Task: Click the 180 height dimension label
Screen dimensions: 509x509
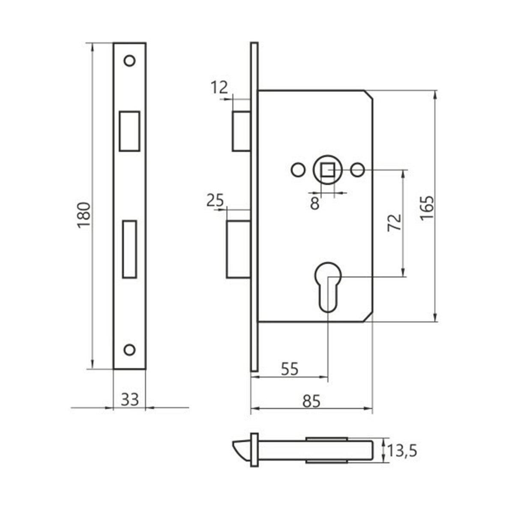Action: pyautogui.click(x=84, y=215)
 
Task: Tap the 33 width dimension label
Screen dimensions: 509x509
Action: pyautogui.click(x=129, y=399)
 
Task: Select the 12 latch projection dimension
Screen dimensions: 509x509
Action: pyautogui.click(x=219, y=87)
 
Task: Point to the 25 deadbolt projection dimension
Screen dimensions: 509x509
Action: pyautogui.click(x=215, y=200)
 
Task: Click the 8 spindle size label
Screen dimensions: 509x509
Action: pyautogui.click(x=314, y=204)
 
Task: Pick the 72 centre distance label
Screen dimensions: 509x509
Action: pyautogui.click(x=395, y=223)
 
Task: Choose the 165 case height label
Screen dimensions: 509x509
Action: pyautogui.click(x=427, y=208)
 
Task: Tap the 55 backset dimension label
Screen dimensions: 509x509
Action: pyautogui.click(x=290, y=369)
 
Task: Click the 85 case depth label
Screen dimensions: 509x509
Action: pyautogui.click(x=311, y=401)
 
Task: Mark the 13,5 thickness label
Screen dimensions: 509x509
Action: pyautogui.click(x=402, y=451)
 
